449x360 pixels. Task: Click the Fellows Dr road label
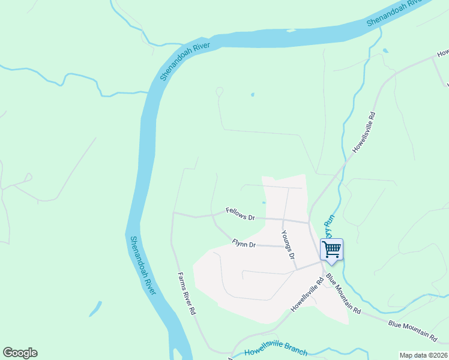pyautogui.click(x=241, y=213)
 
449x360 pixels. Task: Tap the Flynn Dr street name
pyautogui.click(x=244, y=244)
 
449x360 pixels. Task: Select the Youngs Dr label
pyautogui.click(x=289, y=245)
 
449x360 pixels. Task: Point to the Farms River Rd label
pyautogui.click(x=187, y=294)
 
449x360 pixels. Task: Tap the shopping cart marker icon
pyautogui.click(x=331, y=250)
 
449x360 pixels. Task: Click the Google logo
pyautogui.click(x=20, y=353)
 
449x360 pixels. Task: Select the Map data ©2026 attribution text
pyautogui.click(x=423, y=355)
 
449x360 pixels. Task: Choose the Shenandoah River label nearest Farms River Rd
pyautogui.click(x=143, y=265)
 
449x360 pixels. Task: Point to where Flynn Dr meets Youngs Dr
pyautogui.click(x=283, y=246)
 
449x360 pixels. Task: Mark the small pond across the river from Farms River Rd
pyautogui.click(x=95, y=310)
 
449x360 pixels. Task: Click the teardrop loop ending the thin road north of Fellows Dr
pyautogui.click(x=219, y=91)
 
